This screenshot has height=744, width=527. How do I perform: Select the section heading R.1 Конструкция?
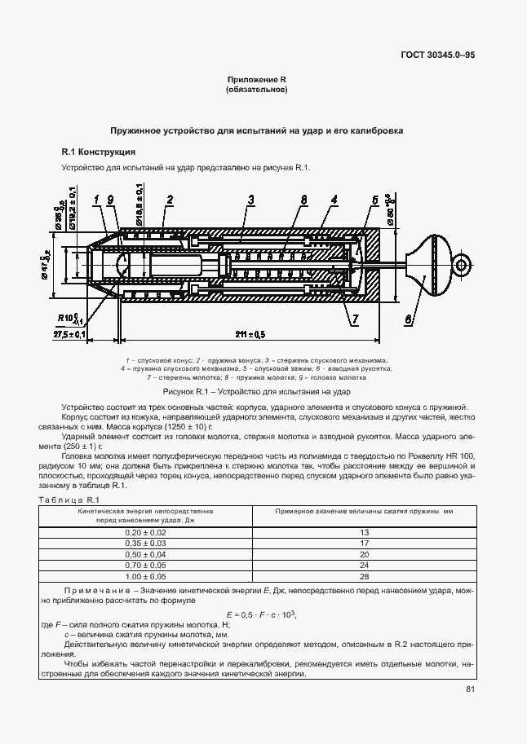tap(99, 152)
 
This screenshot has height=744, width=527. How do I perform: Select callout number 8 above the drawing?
tap(303, 200)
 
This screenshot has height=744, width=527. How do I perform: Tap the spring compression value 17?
tap(364, 543)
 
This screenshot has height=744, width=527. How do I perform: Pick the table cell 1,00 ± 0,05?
tap(143, 576)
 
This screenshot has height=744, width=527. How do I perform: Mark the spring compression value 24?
tap(364, 565)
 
